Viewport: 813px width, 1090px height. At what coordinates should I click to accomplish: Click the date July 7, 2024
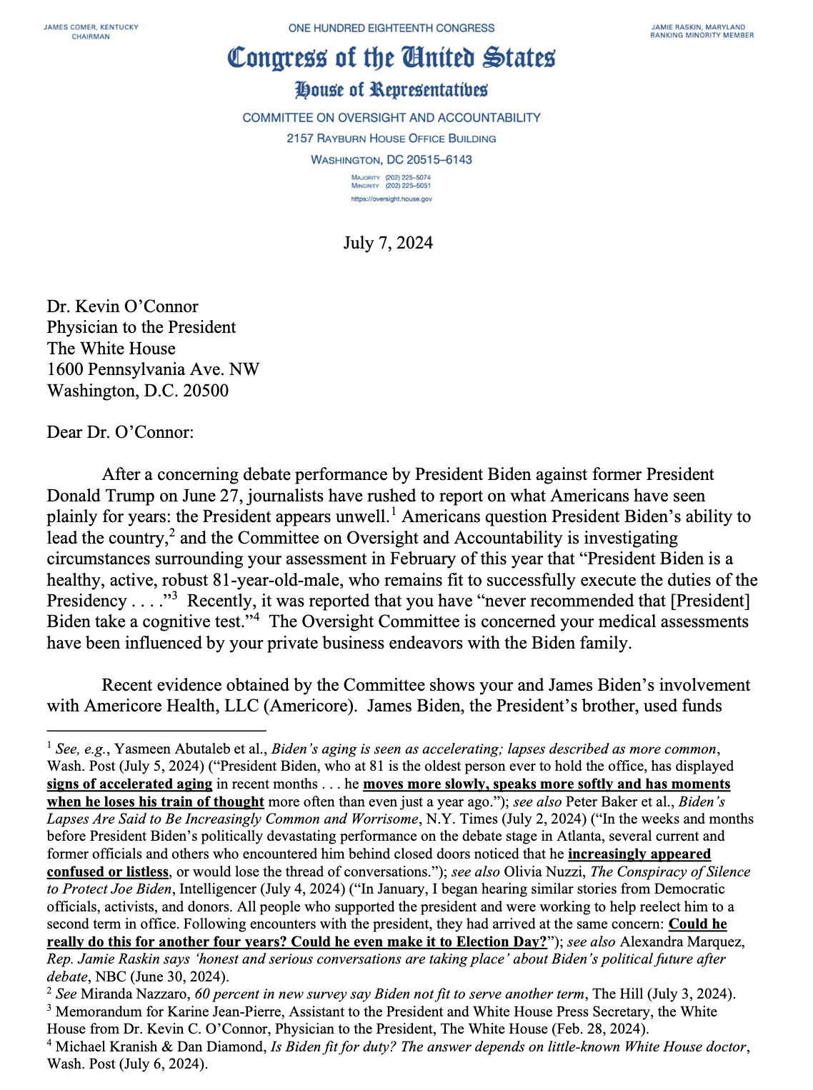(x=388, y=243)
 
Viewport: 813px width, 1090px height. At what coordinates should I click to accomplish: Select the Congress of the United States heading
(x=391, y=58)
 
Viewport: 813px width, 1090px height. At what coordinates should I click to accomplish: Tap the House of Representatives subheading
(x=391, y=90)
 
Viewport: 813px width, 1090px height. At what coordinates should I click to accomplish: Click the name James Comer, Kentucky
(x=91, y=27)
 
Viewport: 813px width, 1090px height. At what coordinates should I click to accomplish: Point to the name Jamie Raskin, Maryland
(x=698, y=27)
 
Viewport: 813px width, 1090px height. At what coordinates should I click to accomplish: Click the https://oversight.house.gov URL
(x=391, y=199)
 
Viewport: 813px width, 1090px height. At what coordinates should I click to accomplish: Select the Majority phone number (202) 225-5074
(x=408, y=177)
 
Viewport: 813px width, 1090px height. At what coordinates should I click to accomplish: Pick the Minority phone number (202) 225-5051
(x=408, y=186)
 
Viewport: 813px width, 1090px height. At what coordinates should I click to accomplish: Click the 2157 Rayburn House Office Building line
(x=391, y=139)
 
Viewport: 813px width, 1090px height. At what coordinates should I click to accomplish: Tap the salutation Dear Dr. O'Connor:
(x=120, y=432)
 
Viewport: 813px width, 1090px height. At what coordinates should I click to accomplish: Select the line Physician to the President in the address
(x=141, y=327)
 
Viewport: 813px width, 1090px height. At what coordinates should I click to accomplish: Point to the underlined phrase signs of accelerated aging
(x=129, y=784)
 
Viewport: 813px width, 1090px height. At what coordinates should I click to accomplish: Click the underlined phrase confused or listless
(x=108, y=871)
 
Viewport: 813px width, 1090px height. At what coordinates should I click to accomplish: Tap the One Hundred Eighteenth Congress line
(x=391, y=28)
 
